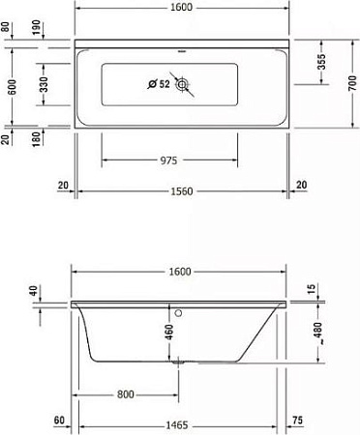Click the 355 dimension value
pos(320,64)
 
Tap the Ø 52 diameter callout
pos(160,84)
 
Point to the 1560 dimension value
pos(182,190)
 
